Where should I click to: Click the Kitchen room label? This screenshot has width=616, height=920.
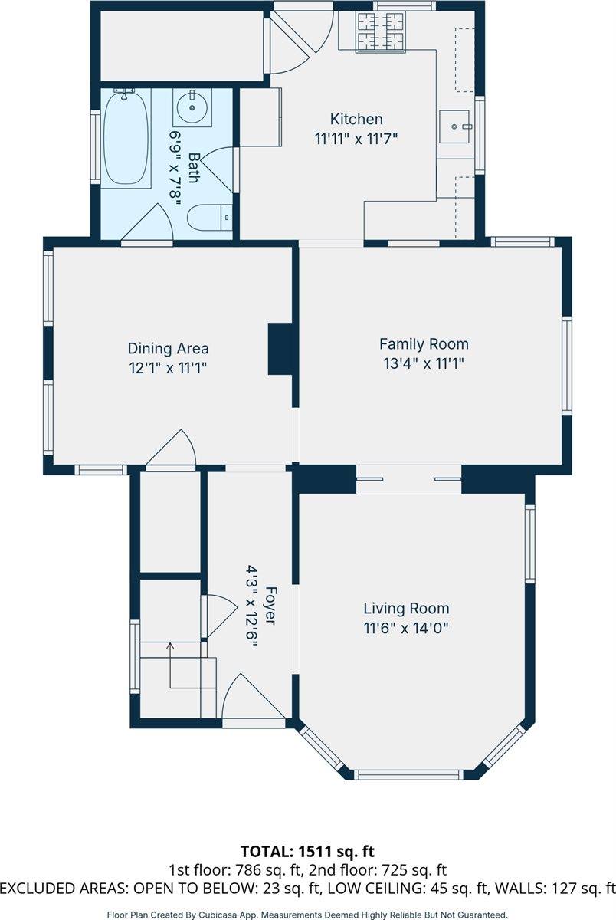[x=356, y=119]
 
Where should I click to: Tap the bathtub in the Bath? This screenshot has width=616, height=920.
[x=126, y=139]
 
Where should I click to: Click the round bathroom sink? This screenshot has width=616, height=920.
[x=192, y=107]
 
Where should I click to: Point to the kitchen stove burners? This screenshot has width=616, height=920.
[x=381, y=31]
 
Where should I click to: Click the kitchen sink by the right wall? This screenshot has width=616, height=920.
[x=454, y=127]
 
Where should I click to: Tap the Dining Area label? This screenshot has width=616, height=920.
[x=169, y=348]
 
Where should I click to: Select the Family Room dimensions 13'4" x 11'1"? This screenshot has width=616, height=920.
[x=424, y=363]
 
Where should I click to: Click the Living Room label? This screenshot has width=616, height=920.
[x=406, y=608]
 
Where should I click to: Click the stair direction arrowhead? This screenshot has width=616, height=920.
[x=170, y=646]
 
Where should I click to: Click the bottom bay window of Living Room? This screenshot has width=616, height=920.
[x=408, y=774]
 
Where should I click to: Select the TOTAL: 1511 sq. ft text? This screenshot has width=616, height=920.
[x=307, y=852]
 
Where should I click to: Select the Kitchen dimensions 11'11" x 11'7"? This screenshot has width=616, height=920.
[x=356, y=139]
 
